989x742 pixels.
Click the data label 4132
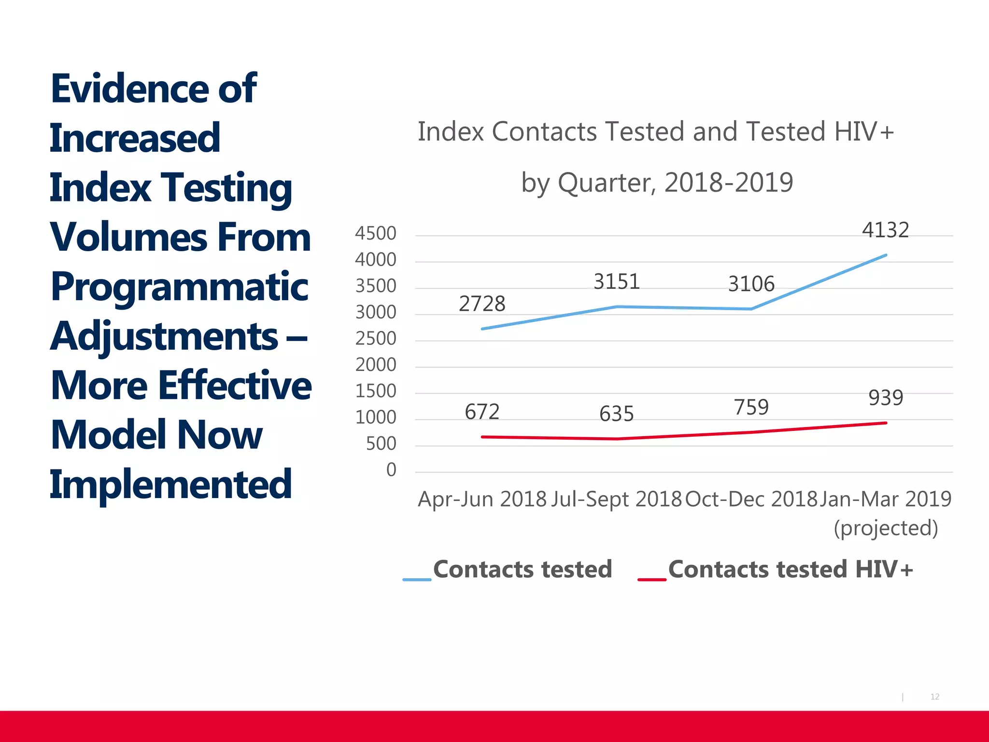pos(885,230)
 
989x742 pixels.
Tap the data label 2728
pos(482,304)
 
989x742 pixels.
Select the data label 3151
pos(617,282)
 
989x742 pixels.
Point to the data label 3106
pos(751,284)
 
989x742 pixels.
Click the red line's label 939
pos(886,398)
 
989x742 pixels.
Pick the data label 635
pos(617,414)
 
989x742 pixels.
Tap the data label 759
pos(751,407)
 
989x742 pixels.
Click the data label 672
pos(482,412)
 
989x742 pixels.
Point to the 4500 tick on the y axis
pos(376,233)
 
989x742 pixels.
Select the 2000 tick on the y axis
pos(376,365)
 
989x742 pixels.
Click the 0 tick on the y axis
pos(391,470)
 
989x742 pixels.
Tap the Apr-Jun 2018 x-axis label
pos(482,499)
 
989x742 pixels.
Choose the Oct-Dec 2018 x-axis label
pos(751,499)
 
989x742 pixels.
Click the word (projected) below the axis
pos(886,528)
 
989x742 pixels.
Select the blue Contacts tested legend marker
pos(417,579)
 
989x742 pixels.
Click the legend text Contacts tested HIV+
pos(791,569)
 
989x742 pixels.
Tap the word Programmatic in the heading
pos(179,287)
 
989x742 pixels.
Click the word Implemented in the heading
pos(171,484)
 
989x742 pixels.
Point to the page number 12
pos(934,697)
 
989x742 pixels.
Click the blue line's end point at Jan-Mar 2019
pos(885,255)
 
